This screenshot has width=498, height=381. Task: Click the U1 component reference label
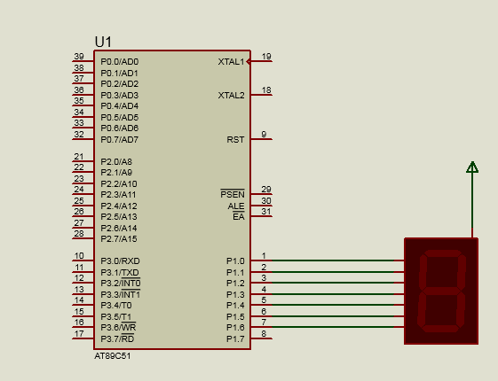[x=103, y=42]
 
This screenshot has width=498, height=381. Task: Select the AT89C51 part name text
[x=113, y=356]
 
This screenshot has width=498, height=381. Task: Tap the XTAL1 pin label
[x=231, y=62]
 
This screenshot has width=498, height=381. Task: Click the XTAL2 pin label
[x=231, y=96]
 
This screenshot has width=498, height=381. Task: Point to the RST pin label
[x=235, y=140]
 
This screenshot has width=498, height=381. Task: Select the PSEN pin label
[x=233, y=194]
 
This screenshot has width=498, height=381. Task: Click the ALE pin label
[x=236, y=206]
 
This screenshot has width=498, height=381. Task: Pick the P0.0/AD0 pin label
[x=120, y=62]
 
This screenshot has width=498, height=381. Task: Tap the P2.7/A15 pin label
[x=119, y=239]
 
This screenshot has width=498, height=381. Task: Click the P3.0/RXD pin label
[x=120, y=261]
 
